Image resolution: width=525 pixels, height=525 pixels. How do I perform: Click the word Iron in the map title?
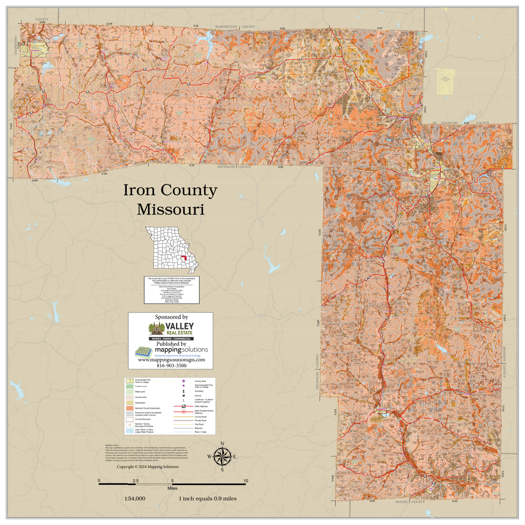139,190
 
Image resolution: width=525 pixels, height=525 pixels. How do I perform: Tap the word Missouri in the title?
170,210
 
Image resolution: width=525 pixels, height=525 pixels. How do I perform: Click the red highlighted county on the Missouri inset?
184,258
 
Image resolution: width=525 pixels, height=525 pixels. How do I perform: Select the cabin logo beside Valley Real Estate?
156,329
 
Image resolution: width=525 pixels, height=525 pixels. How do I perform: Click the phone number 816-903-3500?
171,365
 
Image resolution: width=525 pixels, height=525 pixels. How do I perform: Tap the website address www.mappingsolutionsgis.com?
171,360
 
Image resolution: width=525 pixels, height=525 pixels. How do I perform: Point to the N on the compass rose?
222,443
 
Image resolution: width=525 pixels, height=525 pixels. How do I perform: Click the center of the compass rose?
222,457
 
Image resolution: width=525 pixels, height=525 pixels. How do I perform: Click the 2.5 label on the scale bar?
136,481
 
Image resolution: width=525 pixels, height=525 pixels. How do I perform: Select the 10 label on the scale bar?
246,481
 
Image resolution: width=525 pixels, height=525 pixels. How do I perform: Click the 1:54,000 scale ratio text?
135,499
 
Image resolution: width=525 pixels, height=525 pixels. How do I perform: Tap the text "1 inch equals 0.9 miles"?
208,499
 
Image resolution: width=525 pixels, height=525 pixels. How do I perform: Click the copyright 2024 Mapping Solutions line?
148,467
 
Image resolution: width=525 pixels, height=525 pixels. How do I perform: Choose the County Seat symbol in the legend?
184,381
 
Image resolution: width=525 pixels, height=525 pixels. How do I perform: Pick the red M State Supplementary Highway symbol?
184,411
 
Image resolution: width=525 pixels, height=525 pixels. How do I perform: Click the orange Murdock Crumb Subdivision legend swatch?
130,409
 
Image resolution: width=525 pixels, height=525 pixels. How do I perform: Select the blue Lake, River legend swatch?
130,431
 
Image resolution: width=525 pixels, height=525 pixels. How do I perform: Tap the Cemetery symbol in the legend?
184,391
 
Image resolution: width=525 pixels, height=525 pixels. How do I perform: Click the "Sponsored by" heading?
171,317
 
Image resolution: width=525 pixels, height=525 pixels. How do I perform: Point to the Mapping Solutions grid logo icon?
144,352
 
